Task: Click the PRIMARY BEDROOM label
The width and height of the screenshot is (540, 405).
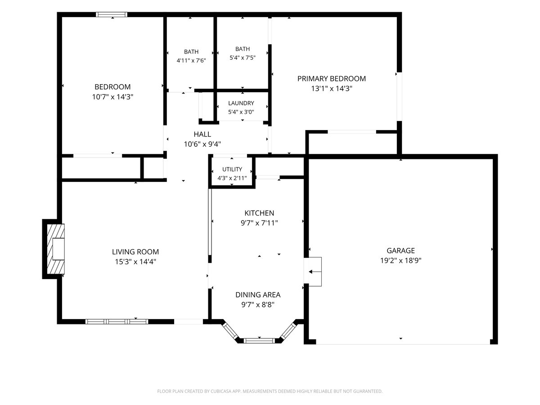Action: [x=331, y=79]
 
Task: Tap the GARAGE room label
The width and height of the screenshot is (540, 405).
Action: [x=400, y=251]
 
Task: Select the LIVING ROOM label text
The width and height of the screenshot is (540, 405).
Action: [x=135, y=252]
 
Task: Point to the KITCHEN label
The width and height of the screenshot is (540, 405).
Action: [x=259, y=213]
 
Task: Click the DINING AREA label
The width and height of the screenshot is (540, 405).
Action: [x=258, y=295]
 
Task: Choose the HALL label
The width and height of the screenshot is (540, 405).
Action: [x=202, y=134]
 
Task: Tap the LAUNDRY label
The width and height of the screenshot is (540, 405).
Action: [x=241, y=103]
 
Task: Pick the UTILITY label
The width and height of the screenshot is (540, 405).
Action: [x=232, y=169]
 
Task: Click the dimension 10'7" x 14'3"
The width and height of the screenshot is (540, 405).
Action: [x=112, y=97]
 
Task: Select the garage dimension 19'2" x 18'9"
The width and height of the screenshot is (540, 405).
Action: [x=400, y=261]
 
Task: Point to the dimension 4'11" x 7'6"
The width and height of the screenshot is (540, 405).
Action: [x=191, y=60]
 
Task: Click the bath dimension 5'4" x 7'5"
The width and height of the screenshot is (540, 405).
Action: [x=242, y=58]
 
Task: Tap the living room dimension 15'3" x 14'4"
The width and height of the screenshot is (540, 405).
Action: [x=135, y=261]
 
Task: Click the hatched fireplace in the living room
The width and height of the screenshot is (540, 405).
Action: [x=56, y=249]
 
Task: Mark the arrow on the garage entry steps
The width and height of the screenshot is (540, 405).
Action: [x=315, y=272]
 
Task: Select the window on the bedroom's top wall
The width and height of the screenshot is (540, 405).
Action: [x=112, y=14]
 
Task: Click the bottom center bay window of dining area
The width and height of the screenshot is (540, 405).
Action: [x=259, y=341]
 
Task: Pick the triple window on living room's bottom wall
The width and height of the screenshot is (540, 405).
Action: [x=117, y=321]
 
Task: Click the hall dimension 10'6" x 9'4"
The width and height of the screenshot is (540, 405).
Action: [x=202, y=144]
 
